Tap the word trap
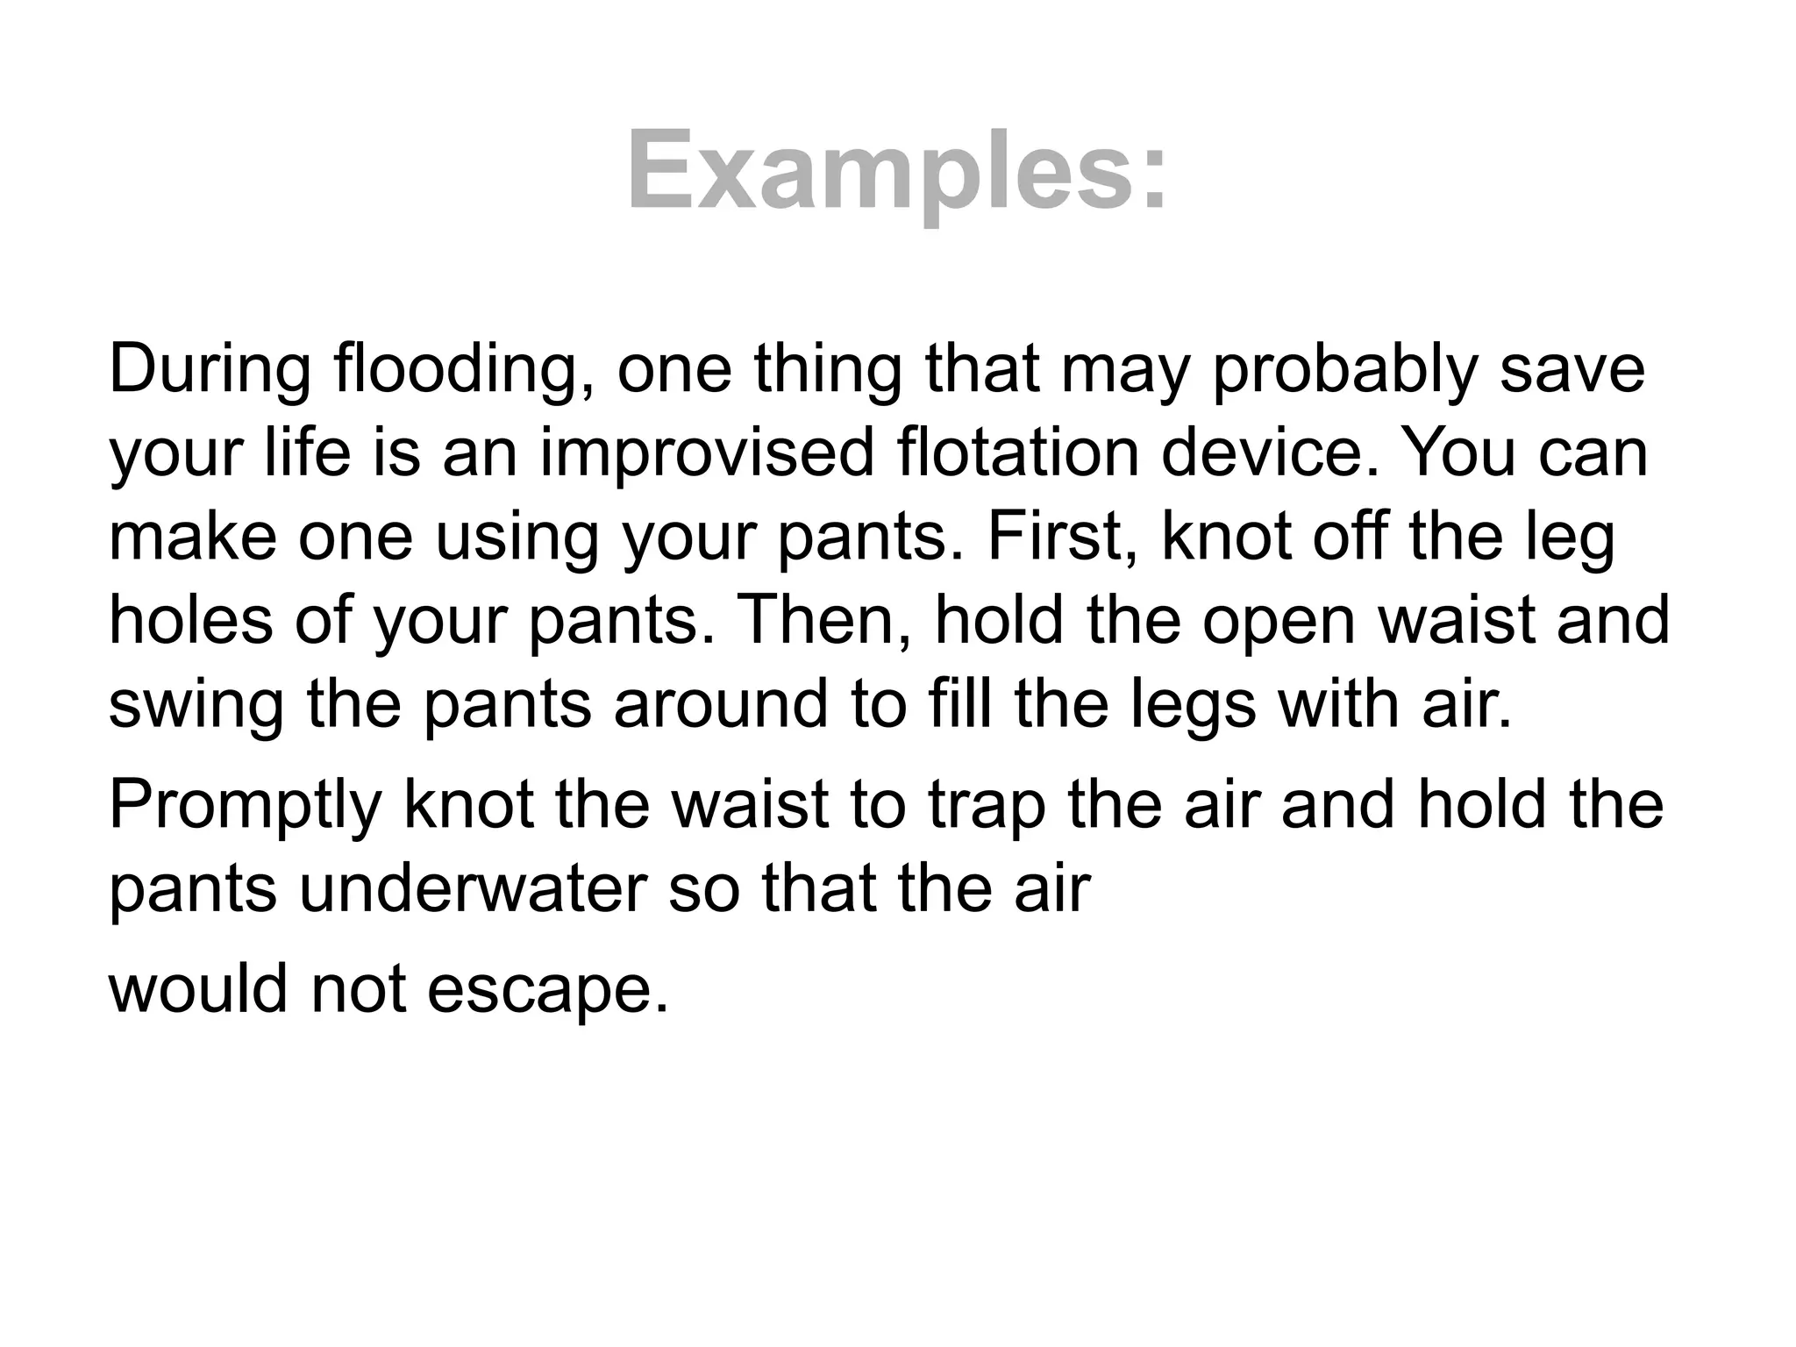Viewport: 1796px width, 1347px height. click(x=987, y=804)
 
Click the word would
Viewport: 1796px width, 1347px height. click(x=198, y=988)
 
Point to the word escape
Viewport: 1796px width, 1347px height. click(x=547, y=988)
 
